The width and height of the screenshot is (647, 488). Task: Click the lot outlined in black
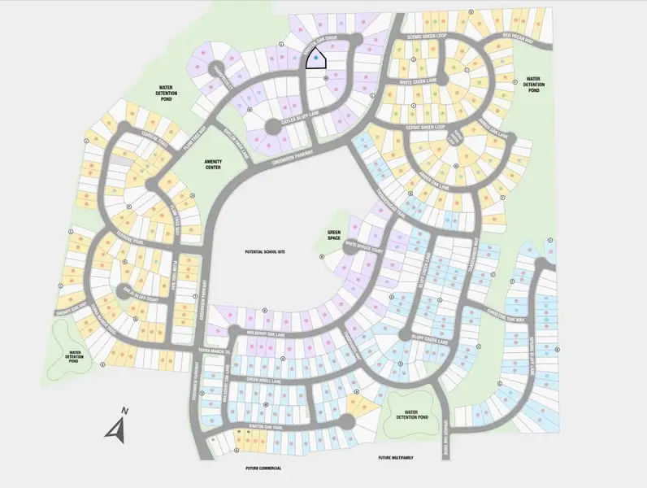(315, 59)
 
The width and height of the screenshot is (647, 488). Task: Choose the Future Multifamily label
(396, 458)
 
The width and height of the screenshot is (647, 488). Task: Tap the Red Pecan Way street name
(519, 36)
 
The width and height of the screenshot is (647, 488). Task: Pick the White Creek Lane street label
(419, 82)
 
